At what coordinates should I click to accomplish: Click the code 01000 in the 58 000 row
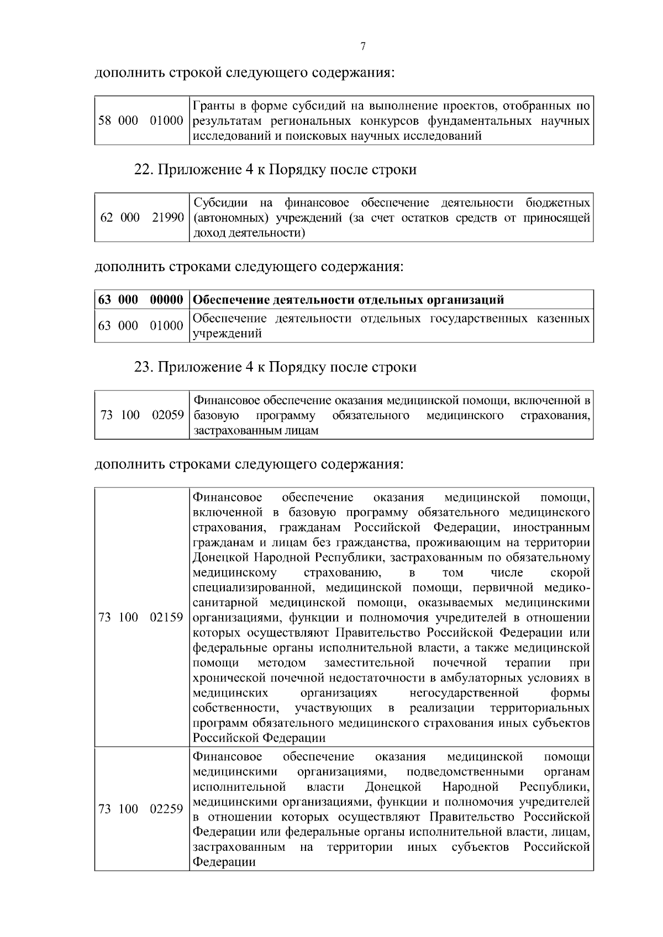(166, 121)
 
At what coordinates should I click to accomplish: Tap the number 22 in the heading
(143, 170)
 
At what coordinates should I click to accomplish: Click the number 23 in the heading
(143, 367)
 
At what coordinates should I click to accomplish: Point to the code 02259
(166, 809)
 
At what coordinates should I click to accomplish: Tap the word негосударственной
(464, 692)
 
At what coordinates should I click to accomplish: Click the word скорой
(570, 572)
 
